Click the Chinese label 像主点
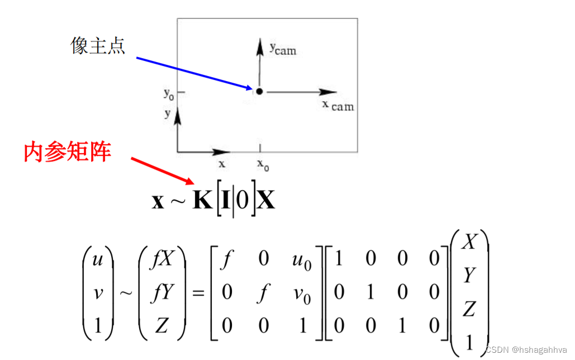coord(98,46)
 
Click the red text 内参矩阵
coord(68,151)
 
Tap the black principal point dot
coord(259,91)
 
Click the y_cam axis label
coord(283,49)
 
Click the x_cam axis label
coord(338,105)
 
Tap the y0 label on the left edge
coord(168,93)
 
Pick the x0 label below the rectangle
coord(263,164)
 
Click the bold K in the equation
coord(202,200)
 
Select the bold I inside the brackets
coord(225,200)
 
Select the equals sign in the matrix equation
coord(198,293)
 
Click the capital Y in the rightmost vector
coord(469,275)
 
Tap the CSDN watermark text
coord(526,350)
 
